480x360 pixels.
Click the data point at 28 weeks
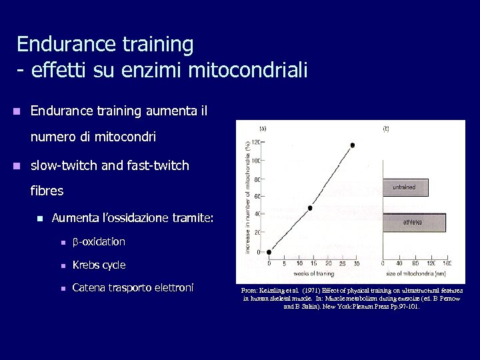(353, 145)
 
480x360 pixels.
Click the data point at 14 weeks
(310, 208)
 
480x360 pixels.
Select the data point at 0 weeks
(269, 252)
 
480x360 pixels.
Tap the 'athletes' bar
(413, 222)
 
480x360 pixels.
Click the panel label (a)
(263, 128)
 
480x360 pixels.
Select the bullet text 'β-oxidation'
(99, 241)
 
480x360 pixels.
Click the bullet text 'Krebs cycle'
(99, 265)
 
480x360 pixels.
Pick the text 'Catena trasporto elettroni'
(133, 288)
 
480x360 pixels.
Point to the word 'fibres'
(47, 191)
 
